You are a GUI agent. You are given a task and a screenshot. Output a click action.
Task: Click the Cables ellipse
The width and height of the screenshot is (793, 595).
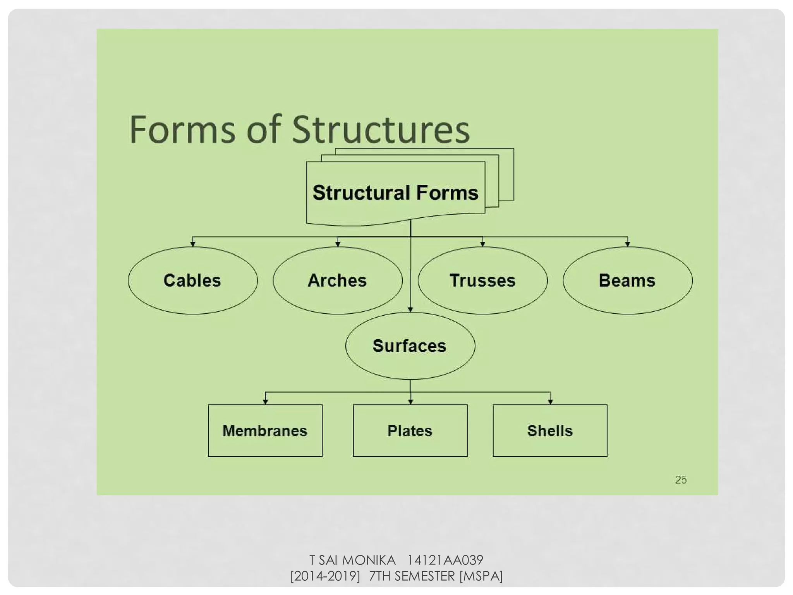coord(192,280)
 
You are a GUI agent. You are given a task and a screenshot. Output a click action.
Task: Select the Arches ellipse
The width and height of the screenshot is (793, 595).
coord(337,280)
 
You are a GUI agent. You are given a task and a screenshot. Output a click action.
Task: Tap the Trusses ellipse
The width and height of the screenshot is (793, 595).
coord(482,280)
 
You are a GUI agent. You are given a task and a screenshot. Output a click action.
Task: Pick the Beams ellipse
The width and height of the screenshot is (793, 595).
coord(627,280)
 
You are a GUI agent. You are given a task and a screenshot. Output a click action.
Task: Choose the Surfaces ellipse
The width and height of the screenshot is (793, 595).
coord(410,346)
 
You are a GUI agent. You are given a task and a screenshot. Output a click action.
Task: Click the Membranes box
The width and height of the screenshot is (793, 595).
coord(265,431)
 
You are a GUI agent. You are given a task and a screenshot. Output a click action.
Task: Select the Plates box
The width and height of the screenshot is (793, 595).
coord(410,431)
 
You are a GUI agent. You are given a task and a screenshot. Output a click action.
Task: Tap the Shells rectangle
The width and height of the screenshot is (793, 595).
coord(550,431)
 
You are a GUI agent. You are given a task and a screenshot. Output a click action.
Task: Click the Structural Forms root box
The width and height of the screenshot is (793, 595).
coord(395,193)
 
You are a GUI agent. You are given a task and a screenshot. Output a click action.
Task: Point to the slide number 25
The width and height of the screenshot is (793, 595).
coord(681,480)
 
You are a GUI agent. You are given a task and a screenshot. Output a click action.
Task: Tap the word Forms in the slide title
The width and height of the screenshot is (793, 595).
coord(182,130)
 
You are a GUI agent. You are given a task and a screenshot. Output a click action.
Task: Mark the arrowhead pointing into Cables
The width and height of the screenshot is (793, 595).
coord(193,244)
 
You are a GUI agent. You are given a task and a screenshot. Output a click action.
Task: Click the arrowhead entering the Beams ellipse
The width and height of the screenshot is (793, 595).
coord(627,244)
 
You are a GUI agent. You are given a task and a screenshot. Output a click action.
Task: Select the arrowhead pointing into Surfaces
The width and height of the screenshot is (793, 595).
coord(410,309)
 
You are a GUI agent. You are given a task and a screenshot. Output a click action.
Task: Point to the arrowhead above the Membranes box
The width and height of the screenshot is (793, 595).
coord(265,402)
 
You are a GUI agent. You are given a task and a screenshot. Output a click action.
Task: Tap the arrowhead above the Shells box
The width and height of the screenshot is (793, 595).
coord(550,402)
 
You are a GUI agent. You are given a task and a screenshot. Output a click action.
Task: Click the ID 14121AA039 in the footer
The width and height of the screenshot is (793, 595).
coord(445,560)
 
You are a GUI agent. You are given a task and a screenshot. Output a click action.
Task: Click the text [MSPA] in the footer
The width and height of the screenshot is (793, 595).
coord(481,576)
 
